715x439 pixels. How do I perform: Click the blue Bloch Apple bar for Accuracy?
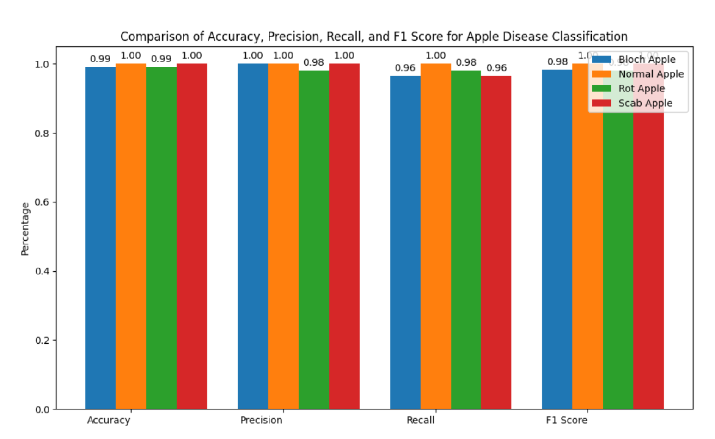pyautogui.click(x=100, y=238)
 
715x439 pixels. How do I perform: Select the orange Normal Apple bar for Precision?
pyautogui.click(x=283, y=236)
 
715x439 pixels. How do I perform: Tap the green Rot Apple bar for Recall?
pyautogui.click(x=465, y=239)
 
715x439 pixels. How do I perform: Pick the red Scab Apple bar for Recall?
pyautogui.click(x=496, y=242)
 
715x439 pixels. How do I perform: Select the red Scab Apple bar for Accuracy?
pyautogui.click(x=191, y=236)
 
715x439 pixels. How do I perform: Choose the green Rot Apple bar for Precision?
pyautogui.click(x=313, y=239)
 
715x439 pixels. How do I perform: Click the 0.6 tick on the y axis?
pyautogui.click(x=43, y=202)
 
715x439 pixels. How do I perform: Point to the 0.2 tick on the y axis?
pyautogui.click(x=43, y=340)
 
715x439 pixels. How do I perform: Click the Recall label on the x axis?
pyautogui.click(x=420, y=420)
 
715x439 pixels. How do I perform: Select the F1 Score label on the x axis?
pyautogui.click(x=566, y=420)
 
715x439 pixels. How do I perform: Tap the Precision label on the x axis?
pyautogui.click(x=261, y=420)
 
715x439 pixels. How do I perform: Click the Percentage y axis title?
pyautogui.click(x=25, y=229)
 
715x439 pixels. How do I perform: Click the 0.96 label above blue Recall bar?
pyautogui.click(x=405, y=68)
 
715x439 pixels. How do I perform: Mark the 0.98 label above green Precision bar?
pyautogui.click(x=313, y=62)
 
